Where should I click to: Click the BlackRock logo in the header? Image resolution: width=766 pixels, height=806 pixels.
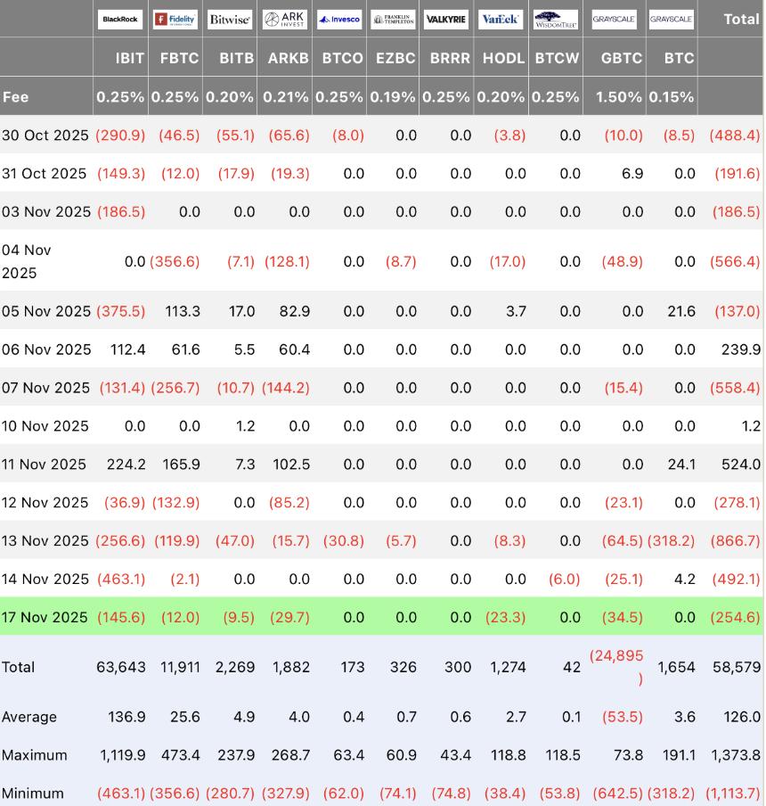[x=119, y=19]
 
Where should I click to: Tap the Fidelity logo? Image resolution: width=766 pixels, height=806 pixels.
[x=175, y=19]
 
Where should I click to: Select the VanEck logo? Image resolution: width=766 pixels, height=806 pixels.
[x=501, y=19]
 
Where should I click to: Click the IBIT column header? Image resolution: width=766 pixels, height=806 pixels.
[x=130, y=58]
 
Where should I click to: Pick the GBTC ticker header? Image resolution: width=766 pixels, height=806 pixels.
[x=621, y=58]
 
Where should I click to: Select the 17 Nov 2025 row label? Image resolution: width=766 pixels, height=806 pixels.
[x=45, y=617]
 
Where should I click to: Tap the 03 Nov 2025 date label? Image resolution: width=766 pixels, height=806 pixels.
[x=46, y=212]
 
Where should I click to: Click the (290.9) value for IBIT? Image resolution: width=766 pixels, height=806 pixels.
[x=121, y=136]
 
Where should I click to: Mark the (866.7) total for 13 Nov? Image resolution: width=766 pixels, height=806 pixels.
[x=735, y=541]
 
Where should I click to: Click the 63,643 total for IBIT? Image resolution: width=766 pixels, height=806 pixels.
[x=120, y=667]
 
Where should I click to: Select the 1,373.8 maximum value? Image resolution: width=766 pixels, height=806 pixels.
[x=736, y=755]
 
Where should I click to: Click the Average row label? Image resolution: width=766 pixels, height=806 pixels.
[x=29, y=717]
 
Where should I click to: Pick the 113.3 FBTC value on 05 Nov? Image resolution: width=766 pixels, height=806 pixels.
[x=183, y=311]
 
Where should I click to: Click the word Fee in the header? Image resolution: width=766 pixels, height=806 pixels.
[x=15, y=97]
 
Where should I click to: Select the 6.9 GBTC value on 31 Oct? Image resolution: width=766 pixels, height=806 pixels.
[x=632, y=174]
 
